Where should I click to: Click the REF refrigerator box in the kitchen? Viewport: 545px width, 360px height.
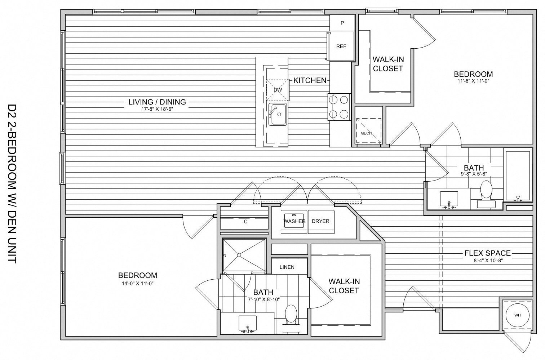(x=341, y=46)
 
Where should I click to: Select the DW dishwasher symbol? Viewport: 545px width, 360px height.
(x=278, y=90)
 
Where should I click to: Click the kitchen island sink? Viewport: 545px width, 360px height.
(x=277, y=114)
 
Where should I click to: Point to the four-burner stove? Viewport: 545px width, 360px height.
(x=339, y=107)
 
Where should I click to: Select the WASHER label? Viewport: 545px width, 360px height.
(x=294, y=221)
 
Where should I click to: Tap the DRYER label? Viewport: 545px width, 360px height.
(x=320, y=221)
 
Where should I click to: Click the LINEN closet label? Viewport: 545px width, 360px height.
(x=287, y=267)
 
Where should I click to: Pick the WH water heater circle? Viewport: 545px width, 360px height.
(x=518, y=315)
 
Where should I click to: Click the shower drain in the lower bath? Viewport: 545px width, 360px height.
(x=238, y=255)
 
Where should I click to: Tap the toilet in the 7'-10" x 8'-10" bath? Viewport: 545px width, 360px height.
(x=291, y=317)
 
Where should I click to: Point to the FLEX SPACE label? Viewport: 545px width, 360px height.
(x=487, y=253)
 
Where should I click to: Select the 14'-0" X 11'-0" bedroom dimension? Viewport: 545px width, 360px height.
(x=138, y=283)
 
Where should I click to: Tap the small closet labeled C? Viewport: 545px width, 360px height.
(x=245, y=222)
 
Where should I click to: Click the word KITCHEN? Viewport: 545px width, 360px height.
(x=310, y=80)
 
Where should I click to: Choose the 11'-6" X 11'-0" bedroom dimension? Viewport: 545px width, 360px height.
(x=473, y=81)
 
